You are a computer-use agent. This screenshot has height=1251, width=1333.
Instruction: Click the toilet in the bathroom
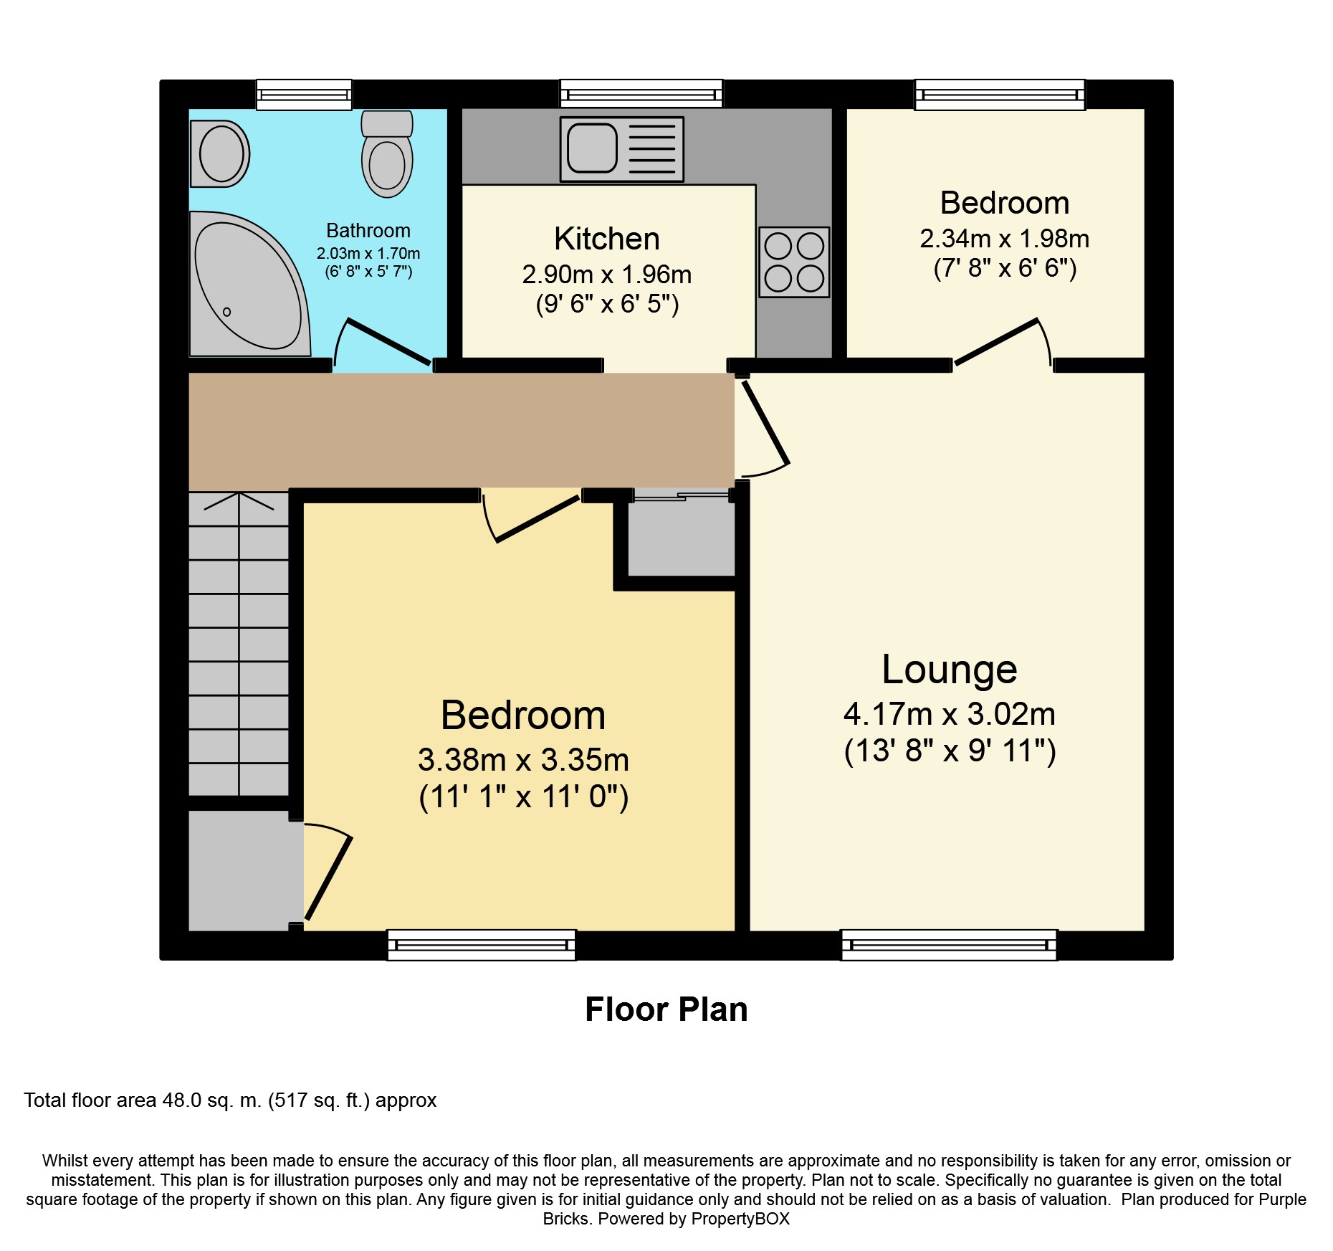click(387, 153)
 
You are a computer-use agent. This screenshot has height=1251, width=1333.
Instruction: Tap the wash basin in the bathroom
click(220, 153)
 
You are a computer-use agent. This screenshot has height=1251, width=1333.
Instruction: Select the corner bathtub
click(249, 283)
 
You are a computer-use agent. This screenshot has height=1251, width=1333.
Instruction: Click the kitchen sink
click(622, 149)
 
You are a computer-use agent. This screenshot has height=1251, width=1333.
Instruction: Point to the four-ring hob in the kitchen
click(794, 262)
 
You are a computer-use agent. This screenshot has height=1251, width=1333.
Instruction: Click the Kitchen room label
click(607, 239)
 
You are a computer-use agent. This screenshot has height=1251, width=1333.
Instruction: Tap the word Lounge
click(950, 670)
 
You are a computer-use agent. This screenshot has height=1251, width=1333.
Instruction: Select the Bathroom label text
click(368, 230)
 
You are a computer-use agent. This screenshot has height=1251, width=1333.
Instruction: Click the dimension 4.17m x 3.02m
click(950, 714)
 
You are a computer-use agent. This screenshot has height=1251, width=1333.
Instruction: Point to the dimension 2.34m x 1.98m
click(1005, 238)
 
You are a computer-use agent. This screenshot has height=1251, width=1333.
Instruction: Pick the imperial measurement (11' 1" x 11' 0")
click(524, 796)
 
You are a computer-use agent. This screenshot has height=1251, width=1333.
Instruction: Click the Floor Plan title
click(666, 1009)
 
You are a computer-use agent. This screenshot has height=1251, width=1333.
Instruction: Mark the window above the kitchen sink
click(641, 94)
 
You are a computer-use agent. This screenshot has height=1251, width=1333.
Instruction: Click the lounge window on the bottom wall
click(949, 945)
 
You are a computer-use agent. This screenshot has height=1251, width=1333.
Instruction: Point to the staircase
click(239, 644)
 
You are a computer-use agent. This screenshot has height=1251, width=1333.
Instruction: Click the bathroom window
click(305, 95)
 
